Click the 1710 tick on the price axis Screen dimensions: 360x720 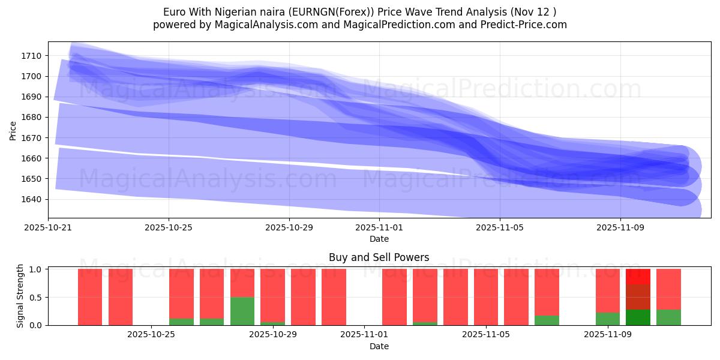click(31, 56)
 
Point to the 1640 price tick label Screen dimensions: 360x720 click(31, 199)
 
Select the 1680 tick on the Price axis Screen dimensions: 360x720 click(31, 117)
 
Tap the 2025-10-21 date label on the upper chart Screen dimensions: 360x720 click(48, 227)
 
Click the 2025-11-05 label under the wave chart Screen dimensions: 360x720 click(500, 227)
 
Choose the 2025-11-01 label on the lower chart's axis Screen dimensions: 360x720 click(364, 335)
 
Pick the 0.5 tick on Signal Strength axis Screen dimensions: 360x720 click(35, 297)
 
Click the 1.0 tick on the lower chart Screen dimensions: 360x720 click(35, 269)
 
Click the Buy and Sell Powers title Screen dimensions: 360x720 click(379, 257)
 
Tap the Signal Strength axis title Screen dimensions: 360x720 click(20, 296)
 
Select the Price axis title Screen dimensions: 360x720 click(13, 130)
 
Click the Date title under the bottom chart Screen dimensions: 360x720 click(379, 346)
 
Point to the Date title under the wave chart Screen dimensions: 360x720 click(379, 239)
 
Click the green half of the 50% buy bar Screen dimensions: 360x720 click(242, 311)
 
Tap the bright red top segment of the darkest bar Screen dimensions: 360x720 click(638, 277)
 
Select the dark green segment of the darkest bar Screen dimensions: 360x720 click(638, 317)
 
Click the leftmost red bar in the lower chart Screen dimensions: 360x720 click(90, 297)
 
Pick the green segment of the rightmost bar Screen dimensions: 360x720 click(668, 317)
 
